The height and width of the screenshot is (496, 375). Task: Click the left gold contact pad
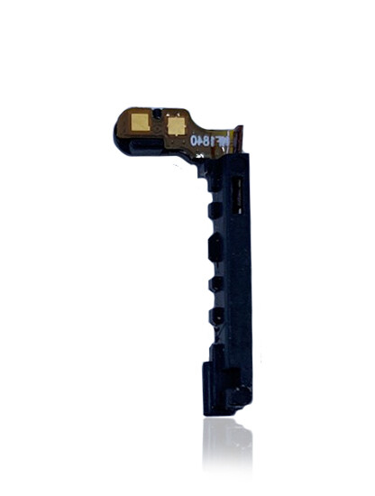[142, 120]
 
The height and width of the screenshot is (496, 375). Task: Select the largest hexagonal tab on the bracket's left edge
[215, 246]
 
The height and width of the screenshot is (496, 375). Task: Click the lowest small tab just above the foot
[215, 316]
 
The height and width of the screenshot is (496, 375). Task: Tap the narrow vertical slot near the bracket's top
[238, 188]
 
